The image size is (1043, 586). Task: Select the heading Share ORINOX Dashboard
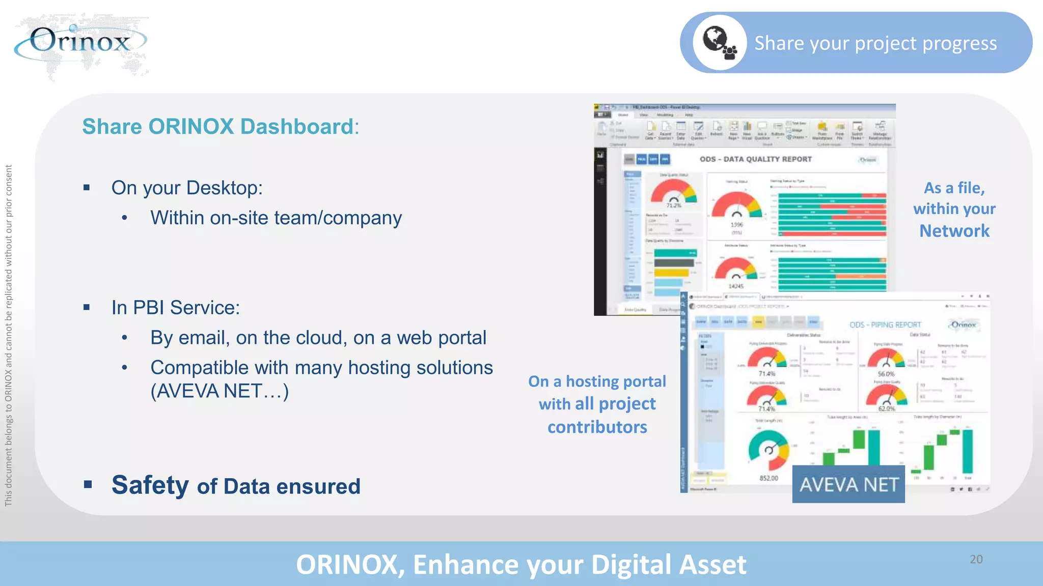point(220,127)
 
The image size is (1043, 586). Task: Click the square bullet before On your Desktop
point(87,188)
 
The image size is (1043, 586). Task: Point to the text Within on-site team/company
point(276,218)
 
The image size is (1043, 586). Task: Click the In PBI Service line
point(175,308)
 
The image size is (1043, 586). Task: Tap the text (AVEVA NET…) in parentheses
point(219,391)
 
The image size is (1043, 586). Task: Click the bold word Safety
point(150,485)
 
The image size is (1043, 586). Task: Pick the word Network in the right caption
point(954,231)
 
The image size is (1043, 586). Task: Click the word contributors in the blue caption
point(597,427)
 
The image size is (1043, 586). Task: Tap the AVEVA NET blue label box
point(848,484)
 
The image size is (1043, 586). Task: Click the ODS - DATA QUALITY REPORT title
point(755,159)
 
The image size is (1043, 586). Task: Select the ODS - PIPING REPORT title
point(885,325)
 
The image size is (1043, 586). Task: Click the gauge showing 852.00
point(768,450)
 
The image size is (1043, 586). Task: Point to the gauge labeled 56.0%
point(886,358)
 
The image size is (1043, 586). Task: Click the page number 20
point(976,559)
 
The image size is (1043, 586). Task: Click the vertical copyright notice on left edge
point(9,336)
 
